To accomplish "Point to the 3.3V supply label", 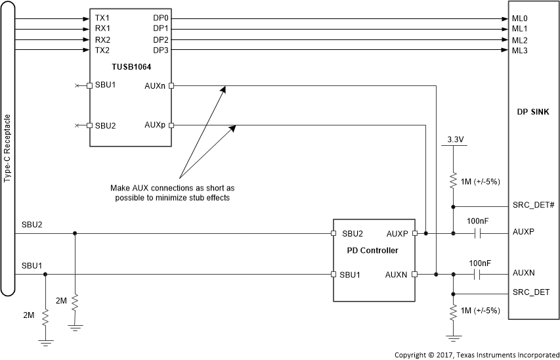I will point(453,139).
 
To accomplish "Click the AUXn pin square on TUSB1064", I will point(171,85).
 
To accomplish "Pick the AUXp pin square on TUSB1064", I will point(171,125).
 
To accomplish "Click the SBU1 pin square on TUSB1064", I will point(89,85).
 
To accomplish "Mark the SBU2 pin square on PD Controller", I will point(334,233).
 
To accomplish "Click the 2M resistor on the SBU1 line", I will point(45,318).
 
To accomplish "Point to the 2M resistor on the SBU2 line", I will point(75,303).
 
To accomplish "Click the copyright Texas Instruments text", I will point(476,355).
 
